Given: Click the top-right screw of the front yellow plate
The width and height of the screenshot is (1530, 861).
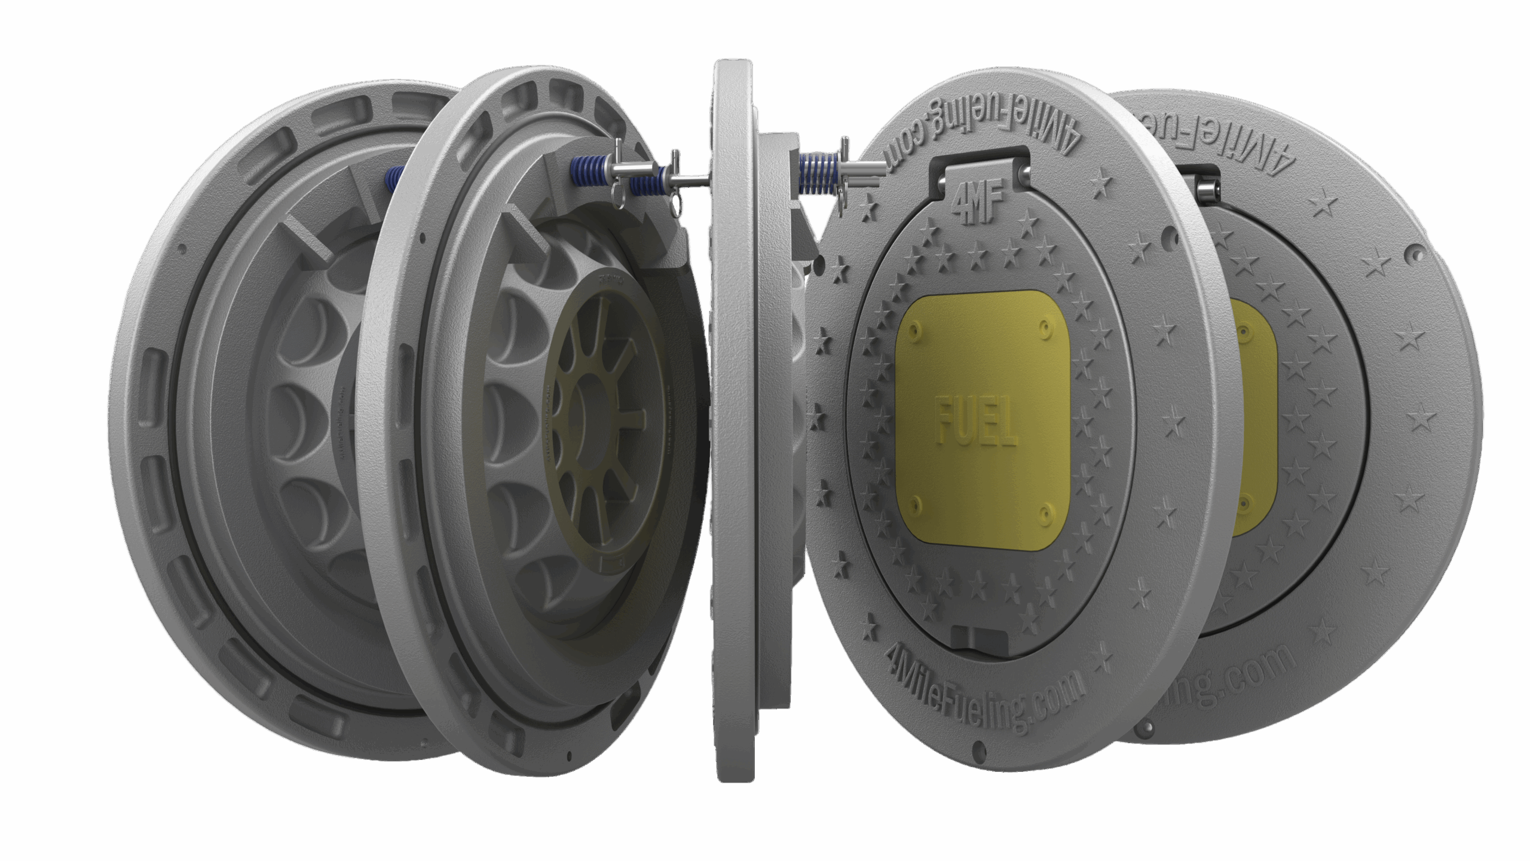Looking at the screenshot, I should [1044, 326].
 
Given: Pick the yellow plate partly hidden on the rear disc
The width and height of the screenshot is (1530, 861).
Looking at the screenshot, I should [1255, 419].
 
